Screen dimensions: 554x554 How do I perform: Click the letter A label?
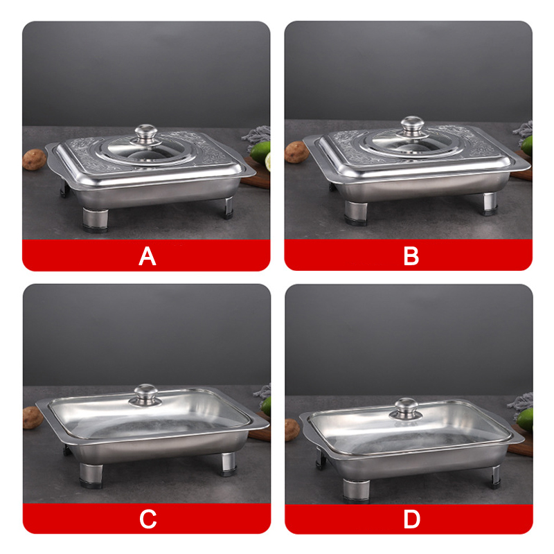pyautogui.click(x=147, y=256)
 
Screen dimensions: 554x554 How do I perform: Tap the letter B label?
pyautogui.click(x=411, y=256)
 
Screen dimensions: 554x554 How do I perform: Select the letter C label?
pyautogui.click(x=148, y=519)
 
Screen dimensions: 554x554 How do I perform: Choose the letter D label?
pyautogui.click(x=411, y=519)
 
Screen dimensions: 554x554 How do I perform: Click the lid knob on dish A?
pyautogui.click(x=145, y=133)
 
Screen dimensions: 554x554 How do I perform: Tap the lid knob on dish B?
pyautogui.click(x=411, y=126)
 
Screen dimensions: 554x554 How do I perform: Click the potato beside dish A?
pyautogui.click(x=34, y=160)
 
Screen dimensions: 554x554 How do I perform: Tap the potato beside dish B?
pyautogui.click(x=296, y=152)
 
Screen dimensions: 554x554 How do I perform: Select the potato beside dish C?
pyautogui.click(x=33, y=417)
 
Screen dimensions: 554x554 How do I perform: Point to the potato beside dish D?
pyautogui.click(x=293, y=429)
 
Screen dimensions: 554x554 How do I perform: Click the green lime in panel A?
pyautogui.click(x=262, y=152)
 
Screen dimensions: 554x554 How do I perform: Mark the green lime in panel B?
pyautogui.click(x=527, y=144)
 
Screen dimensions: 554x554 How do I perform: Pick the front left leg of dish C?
pyautogui.click(x=91, y=474)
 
